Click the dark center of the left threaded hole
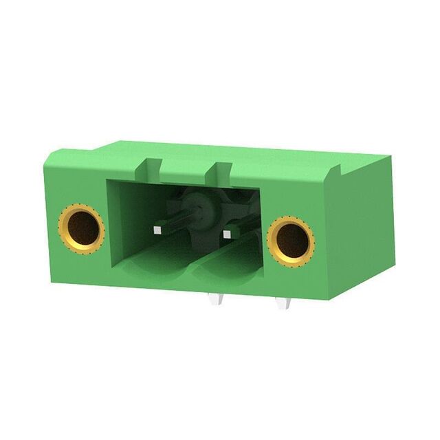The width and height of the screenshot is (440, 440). click(81, 229)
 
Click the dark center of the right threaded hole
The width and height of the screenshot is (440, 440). click(291, 241)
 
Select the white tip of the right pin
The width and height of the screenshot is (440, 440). click(226, 236)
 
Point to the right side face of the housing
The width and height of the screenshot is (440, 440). click(364, 227)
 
